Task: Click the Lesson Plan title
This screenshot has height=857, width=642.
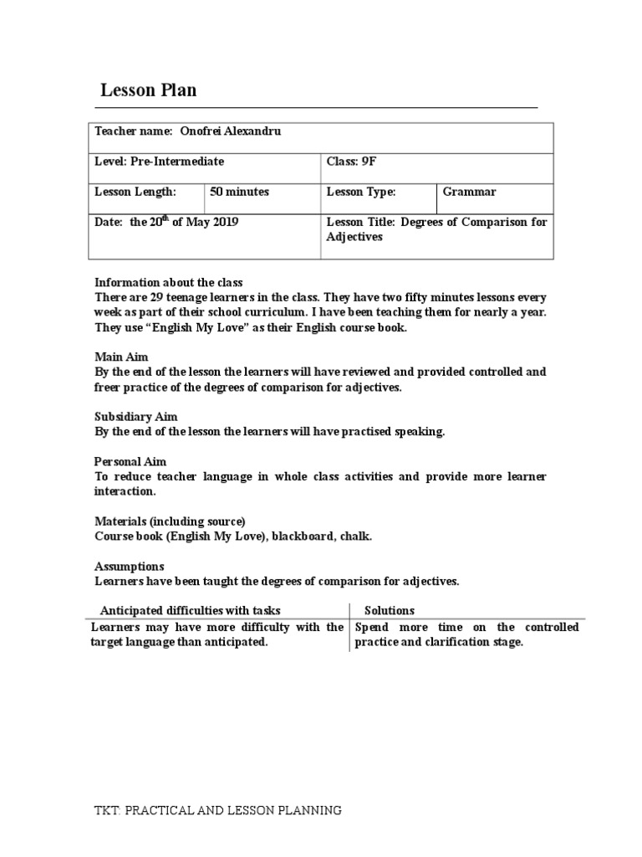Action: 148,90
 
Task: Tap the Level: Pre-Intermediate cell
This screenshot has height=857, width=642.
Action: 159,162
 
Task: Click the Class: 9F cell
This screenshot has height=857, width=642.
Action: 346,162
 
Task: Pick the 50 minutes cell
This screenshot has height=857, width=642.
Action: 239,192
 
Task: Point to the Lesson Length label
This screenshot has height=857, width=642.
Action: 135,192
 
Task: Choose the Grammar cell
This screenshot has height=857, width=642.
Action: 469,192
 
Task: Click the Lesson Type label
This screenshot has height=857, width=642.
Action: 360,192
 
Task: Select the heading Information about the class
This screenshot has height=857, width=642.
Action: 169,281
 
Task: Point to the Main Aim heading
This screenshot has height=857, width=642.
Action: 121,357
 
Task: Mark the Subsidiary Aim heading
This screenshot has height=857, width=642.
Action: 135,416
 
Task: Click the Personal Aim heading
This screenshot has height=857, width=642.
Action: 130,461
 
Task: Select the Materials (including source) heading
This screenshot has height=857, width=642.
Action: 170,521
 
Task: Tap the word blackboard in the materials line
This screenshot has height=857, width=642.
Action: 304,536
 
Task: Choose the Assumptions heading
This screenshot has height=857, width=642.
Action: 129,567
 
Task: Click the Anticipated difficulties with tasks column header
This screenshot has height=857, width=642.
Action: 191,610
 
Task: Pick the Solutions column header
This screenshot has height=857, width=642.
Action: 390,610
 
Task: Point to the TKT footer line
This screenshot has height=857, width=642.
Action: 217,810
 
